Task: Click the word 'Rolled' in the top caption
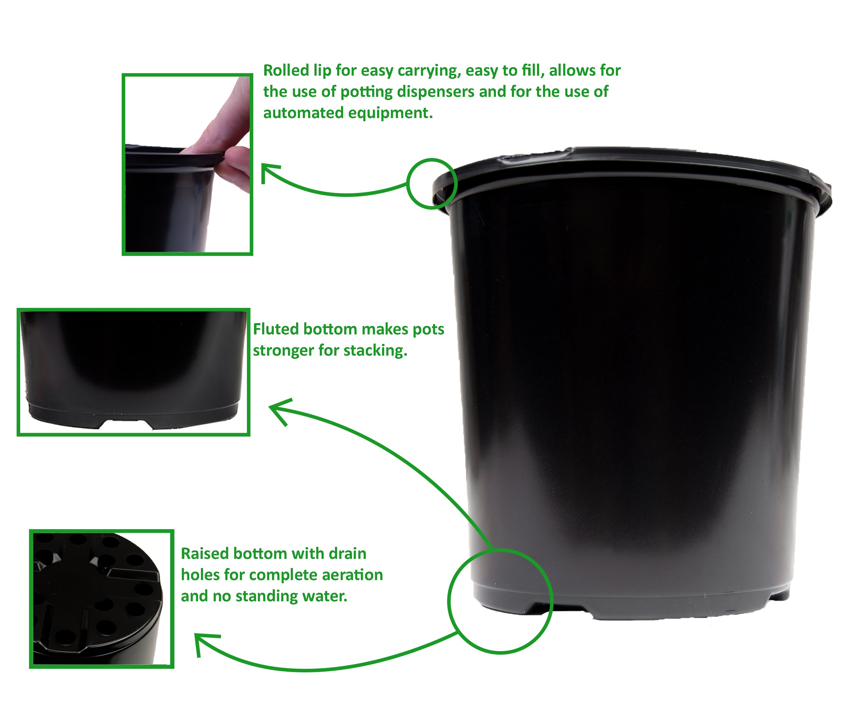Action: point(286,70)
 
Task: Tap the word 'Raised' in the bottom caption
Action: point(204,554)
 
